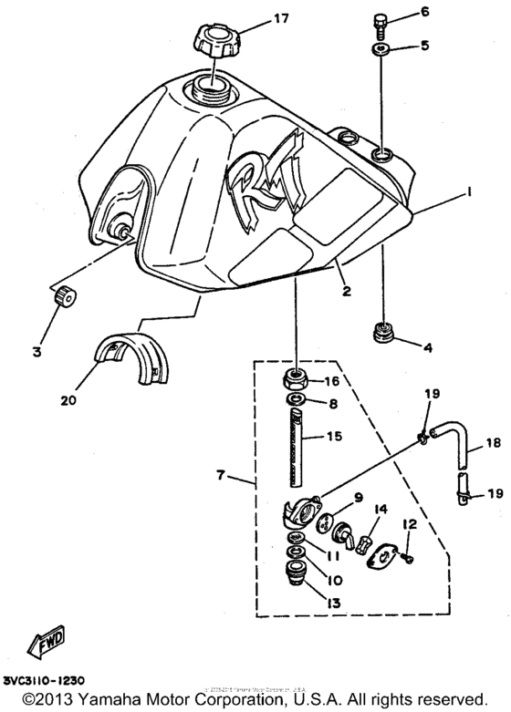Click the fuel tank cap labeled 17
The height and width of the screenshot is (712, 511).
pyautogui.click(x=215, y=40)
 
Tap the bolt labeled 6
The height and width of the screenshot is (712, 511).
pyautogui.click(x=381, y=19)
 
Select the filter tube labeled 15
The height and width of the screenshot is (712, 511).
pyautogui.click(x=296, y=437)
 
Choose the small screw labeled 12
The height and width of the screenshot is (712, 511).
pyautogui.click(x=408, y=558)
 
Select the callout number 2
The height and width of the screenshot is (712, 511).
pyautogui.click(x=346, y=291)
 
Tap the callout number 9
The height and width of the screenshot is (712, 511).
pyautogui.click(x=358, y=497)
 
